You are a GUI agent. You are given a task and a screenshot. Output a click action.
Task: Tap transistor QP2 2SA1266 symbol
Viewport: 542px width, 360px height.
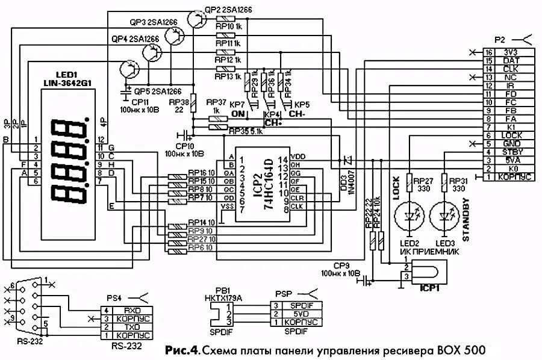point(198,19)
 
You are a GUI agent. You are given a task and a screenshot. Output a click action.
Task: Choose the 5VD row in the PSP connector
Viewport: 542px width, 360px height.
point(295,314)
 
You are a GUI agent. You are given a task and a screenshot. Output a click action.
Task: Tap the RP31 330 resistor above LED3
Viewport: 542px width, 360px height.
point(445,181)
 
